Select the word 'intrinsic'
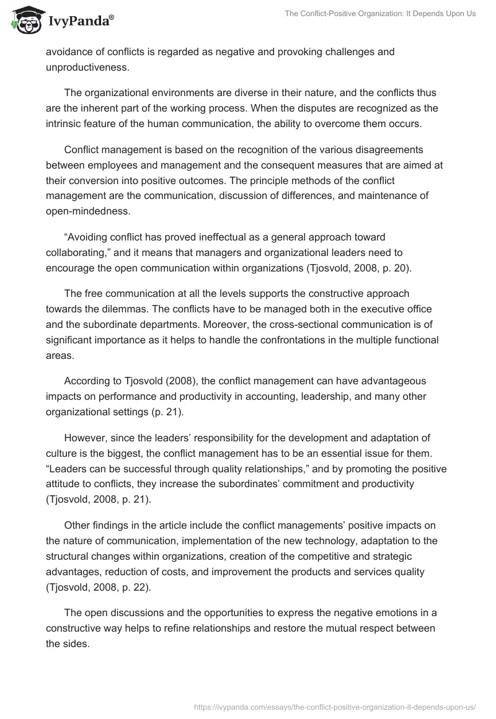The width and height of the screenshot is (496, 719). [x=66, y=123]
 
